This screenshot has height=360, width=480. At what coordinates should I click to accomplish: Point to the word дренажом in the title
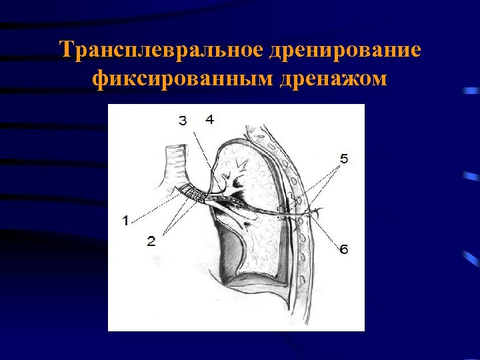click(325, 79)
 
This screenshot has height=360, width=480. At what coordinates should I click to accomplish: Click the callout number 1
click(126, 221)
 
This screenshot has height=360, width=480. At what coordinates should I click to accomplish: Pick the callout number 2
click(151, 241)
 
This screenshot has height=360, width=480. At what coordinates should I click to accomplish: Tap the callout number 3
click(183, 120)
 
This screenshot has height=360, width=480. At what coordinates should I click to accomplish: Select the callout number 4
click(209, 119)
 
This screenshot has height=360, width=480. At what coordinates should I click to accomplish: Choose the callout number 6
click(343, 249)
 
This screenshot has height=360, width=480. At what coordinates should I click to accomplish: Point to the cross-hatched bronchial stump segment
click(195, 195)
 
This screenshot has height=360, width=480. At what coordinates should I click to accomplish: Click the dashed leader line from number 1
click(157, 207)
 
